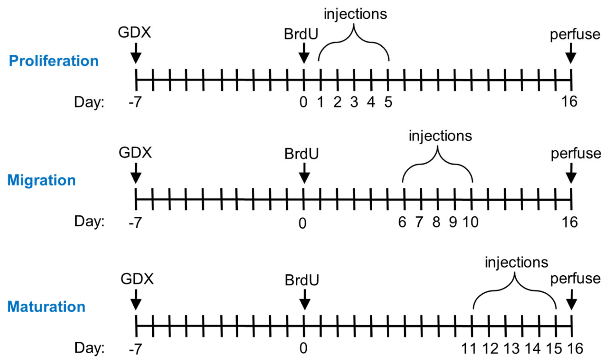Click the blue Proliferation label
point(54,61)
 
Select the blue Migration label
point(42,180)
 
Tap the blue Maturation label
point(46,307)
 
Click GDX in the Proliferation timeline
point(134,33)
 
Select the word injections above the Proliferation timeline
point(355,14)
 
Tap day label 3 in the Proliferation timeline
point(354,102)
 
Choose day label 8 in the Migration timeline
point(436,222)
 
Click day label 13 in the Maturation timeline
point(511,348)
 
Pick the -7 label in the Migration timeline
point(135,223)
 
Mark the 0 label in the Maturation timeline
point(303,348)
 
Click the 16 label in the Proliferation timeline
point(569,102)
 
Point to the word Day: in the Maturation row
point(89,348)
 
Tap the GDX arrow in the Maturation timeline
point(136,300)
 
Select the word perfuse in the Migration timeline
point(576,154)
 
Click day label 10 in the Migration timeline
point(471,222)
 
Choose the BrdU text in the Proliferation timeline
point(301,34)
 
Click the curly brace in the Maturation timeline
point(514,291)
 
